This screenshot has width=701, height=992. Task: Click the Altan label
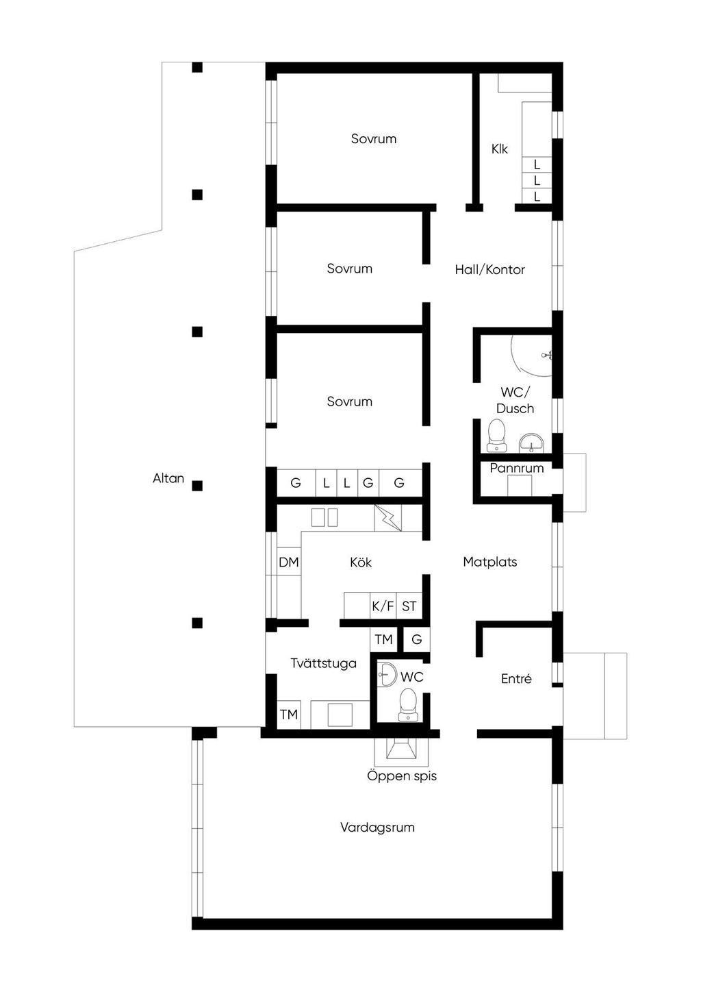(168, 478)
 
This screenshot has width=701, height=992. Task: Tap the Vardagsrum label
(377, 828)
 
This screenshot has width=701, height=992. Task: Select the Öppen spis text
(402, 776)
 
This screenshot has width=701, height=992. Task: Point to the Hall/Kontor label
(490, 270)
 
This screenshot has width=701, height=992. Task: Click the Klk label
(500, 149)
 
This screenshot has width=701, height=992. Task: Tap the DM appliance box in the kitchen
(288, 562)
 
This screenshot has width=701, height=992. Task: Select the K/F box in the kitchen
(383, 606)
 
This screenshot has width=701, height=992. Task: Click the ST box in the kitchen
(409, 606)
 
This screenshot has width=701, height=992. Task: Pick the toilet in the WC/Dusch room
(496, 435)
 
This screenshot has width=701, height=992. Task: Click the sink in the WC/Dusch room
(531, 443)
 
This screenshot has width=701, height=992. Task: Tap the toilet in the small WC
(407, 704)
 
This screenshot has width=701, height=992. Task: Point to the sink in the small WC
(387, 675)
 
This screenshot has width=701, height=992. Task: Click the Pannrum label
(516, 468)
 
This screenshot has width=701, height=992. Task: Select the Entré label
(516, 678)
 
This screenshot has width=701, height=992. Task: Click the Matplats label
(490, 562)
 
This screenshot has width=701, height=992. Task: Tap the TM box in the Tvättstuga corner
(288, 715)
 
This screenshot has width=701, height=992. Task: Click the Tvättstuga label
(324, 663)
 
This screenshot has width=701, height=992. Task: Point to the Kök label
(361, 562)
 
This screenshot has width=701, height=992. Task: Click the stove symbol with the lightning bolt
(388, 518)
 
